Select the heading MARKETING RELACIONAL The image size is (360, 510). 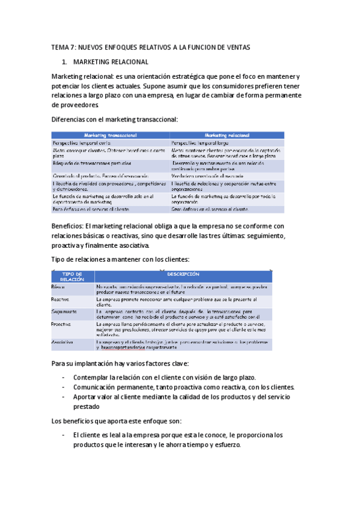click(x=110, y=62)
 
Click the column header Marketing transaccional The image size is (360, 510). click(x=111, y=135)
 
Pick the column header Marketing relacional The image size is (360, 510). click(x=227, y=135)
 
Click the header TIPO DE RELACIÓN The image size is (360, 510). click(x=72, y=276)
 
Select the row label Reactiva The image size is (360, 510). click(x=60, y=299)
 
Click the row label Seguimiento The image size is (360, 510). click(x=64, y=312)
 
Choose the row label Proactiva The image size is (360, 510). click(x=61, y=324)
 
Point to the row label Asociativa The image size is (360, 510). click(x=63, y=342)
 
